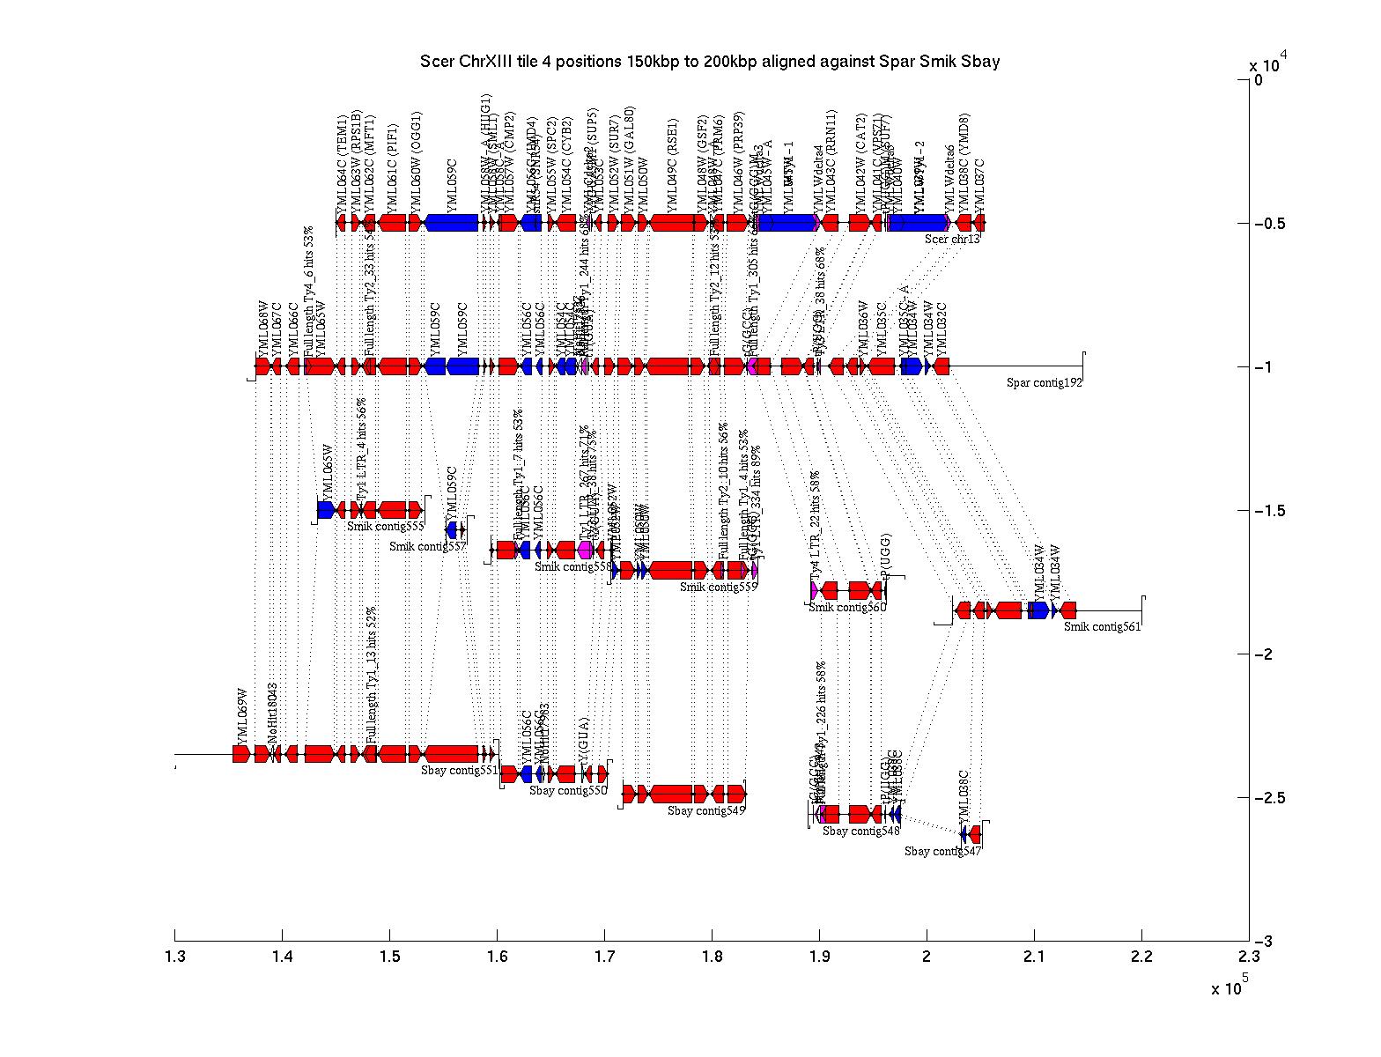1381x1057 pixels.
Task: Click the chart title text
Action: (710, 62)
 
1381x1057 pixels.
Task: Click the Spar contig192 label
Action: (1045, 382)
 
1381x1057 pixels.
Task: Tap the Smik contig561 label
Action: (1102, 627)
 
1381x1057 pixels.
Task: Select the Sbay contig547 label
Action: (942, 851)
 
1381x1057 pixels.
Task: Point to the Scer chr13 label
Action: (952, 239)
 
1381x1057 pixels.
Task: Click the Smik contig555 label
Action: (386, 527)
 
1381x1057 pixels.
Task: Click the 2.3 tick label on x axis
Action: (1248, 957)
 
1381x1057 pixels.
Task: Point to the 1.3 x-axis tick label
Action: (174, 957)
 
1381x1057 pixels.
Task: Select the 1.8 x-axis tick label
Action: (712, 957)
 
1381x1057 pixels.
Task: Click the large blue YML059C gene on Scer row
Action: (452, 222)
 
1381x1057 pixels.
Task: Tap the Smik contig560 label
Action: (847, 607)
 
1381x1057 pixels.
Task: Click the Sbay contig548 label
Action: (861, 831)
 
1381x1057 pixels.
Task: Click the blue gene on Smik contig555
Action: (326, 510)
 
